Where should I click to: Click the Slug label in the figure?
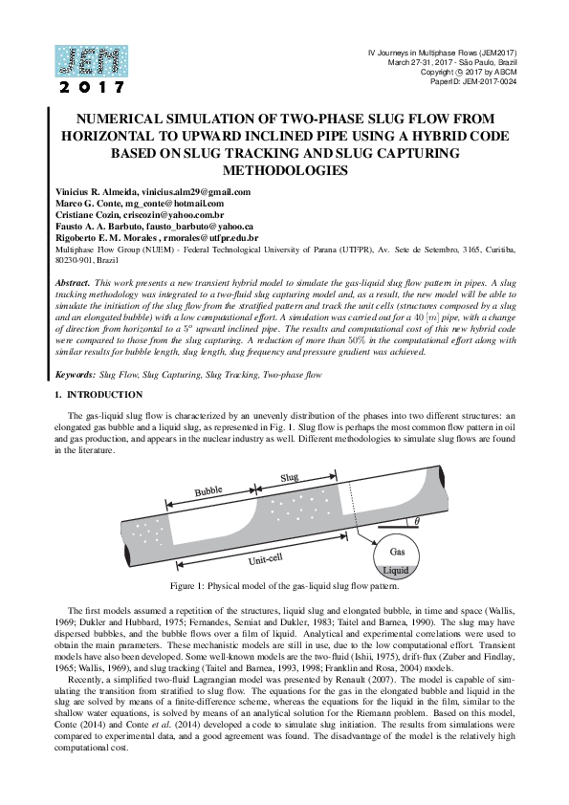point(290,476)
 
